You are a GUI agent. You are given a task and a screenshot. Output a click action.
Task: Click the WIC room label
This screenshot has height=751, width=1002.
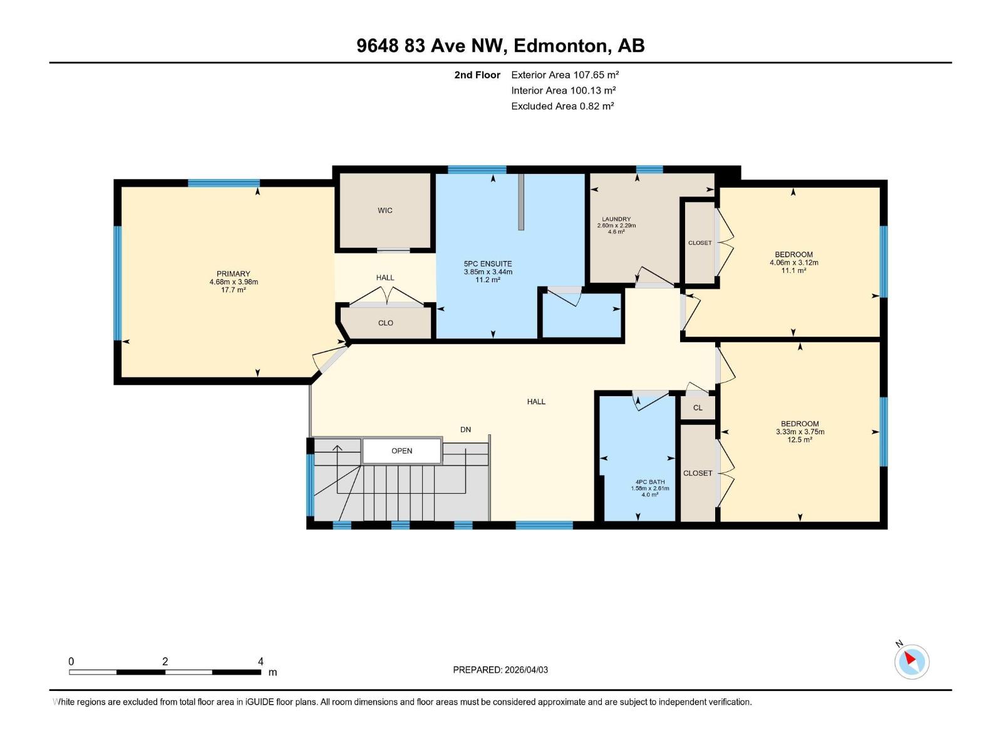pos(385,210)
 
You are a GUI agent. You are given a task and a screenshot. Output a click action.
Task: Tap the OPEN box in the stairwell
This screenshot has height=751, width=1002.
pos(402,451)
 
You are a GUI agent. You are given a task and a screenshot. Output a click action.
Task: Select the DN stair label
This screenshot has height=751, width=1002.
pos(465,429)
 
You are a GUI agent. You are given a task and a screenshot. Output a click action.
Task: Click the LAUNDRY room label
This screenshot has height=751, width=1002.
pos(616,219)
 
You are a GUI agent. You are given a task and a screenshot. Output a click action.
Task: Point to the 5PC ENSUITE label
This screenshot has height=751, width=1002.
pos(488,264)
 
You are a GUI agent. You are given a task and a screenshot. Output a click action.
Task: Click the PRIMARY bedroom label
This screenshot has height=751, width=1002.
pos(234,273)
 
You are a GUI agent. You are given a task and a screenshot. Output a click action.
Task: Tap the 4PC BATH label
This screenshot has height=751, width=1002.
pos(650,482)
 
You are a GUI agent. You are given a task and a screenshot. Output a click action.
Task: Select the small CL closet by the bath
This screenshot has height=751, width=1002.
pos(698,407)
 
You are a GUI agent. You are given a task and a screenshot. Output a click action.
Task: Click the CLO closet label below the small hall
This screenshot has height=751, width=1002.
pos(386,323)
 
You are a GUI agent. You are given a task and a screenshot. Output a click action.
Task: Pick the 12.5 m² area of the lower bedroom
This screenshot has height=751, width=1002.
pos(800,440)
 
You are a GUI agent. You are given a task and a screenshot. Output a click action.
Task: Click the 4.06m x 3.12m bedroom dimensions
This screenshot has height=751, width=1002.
pos(793,262)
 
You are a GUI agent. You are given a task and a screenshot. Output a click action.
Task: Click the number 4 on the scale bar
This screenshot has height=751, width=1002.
pos(261,662)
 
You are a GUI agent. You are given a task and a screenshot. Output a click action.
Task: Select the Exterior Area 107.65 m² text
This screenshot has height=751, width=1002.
pos(565,74)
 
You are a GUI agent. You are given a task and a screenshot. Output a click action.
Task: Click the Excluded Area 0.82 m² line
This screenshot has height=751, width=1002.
pos(562,106)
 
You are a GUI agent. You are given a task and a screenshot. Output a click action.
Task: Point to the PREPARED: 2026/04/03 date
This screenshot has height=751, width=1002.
pos(500,670)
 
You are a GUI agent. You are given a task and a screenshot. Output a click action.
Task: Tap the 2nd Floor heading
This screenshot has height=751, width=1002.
pos(477,74)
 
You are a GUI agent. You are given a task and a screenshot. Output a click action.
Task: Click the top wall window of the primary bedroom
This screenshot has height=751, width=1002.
pos(224,183)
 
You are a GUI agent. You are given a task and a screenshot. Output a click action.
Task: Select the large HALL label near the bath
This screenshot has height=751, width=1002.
pos(536,402)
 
